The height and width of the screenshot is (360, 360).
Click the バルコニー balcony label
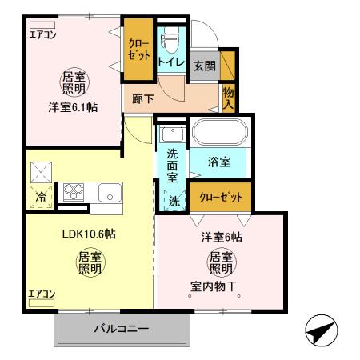[x=122, y=328]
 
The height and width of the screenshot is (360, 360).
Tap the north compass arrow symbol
[x=322, y=331]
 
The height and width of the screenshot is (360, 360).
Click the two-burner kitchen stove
[x=75, y=192]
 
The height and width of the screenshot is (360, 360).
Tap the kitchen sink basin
[x=109, y=192]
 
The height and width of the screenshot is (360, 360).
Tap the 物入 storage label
[x=229, y=97]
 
